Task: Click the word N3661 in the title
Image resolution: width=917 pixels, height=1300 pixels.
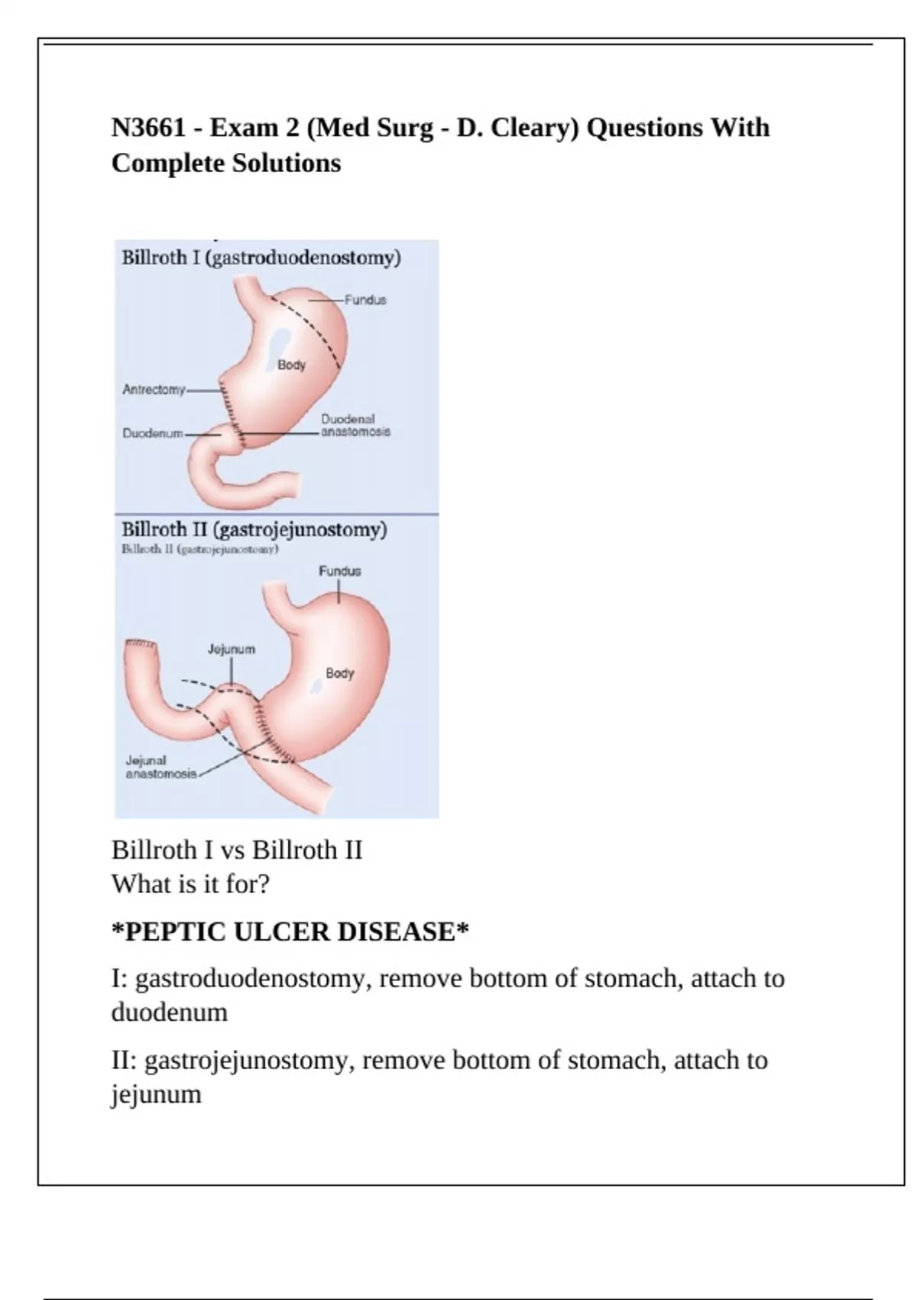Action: tap(148, 128)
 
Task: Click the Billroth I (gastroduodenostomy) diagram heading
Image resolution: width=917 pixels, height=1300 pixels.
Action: tap(261, 258)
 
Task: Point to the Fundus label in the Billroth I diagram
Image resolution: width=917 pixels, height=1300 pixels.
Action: tap(365, 301)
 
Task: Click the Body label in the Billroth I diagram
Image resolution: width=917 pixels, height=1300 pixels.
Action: tap(291, 366)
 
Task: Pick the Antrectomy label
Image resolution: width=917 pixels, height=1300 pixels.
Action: tap(154, 390)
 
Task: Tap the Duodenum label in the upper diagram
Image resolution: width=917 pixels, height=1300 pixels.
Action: tap(153, 434)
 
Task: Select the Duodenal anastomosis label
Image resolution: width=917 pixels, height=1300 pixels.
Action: tap(355, 426)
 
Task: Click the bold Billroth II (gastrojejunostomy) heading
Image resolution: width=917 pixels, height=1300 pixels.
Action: tap(254, 529)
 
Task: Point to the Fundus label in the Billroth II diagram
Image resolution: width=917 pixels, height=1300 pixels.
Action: tap(339, 571)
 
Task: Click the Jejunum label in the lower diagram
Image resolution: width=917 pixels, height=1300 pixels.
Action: tap(232, 649)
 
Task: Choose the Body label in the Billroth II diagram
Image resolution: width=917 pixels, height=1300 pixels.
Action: tap(340, 674)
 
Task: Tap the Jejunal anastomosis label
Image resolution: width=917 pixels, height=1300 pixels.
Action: tap(160, 767)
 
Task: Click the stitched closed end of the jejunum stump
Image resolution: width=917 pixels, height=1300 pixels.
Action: tap(140, 646)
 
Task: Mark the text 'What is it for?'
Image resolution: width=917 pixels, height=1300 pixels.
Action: tap(191, 885)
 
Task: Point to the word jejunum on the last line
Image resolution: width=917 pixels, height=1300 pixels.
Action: tap(157, 1094)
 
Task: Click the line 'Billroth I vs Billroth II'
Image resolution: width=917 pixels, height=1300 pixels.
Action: tap(237, 850)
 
